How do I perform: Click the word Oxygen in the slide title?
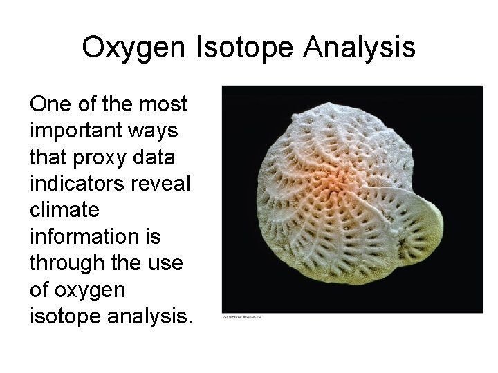point(131,48)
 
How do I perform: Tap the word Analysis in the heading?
point(359,48)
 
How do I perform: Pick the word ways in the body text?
point(158,131)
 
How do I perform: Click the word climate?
point(64,209)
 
